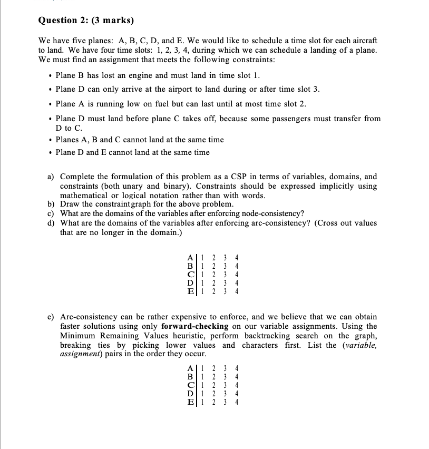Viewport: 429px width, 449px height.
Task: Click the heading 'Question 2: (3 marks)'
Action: (x=86, y=21)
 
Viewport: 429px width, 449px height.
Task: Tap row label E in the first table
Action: (x=190, y=291)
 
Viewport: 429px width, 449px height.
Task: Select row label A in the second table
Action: (x=190, y=368)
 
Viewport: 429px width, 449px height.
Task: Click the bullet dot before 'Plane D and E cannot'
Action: (x=48, y=153)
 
